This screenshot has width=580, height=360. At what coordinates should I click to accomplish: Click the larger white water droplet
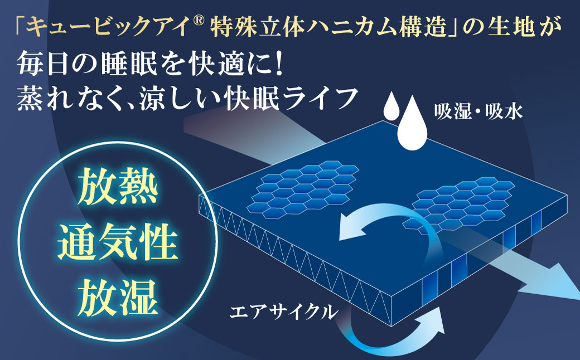pyautogui.click(x=412, y=123)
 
